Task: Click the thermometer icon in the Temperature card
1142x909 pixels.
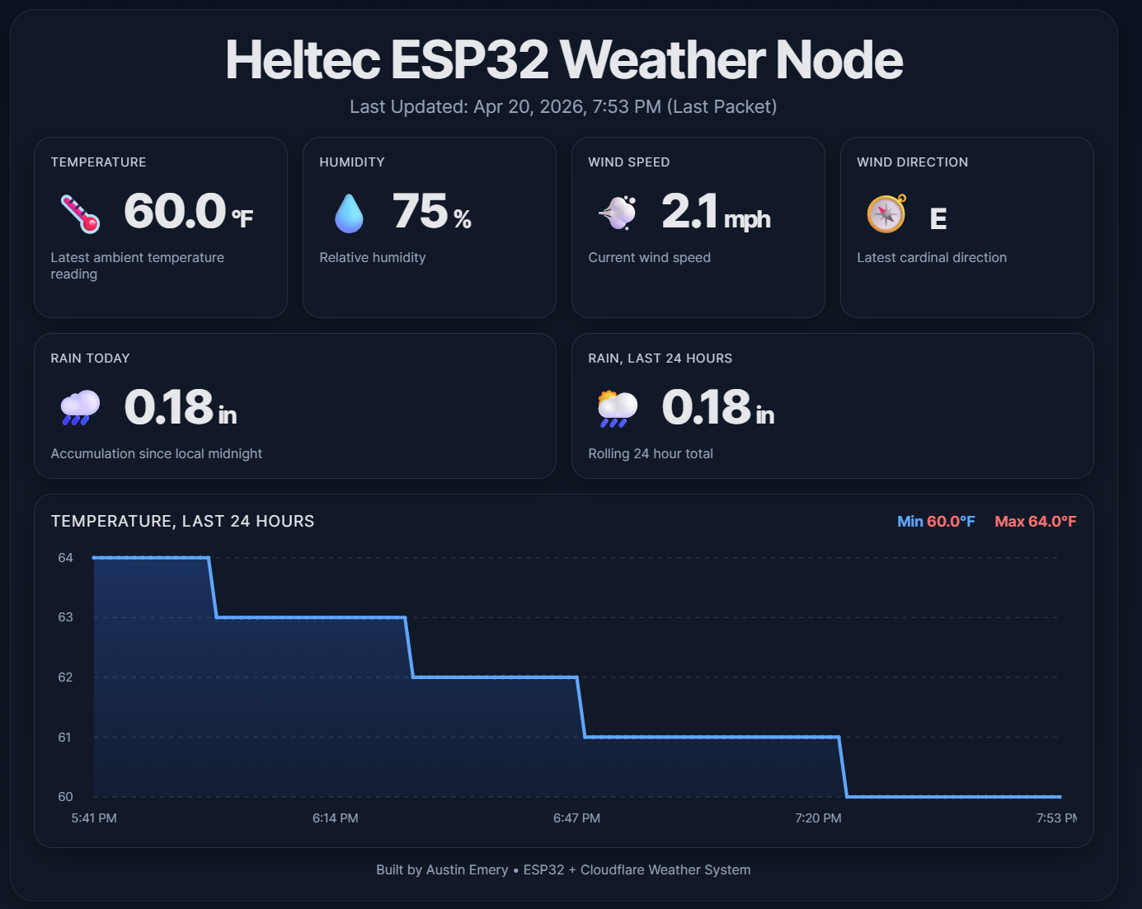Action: coord(80,213)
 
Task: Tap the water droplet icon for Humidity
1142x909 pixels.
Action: coord(349,213)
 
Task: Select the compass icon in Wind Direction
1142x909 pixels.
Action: coord(886,213)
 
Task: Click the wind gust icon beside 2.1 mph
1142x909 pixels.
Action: coord(618,213)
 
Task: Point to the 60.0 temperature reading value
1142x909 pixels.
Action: coord(175,212)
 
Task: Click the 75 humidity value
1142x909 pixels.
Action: coord(421,212)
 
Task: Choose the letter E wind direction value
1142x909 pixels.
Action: coord(938,218)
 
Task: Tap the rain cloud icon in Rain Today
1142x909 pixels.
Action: coord(80,407)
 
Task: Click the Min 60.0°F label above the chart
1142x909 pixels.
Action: coord(936,522)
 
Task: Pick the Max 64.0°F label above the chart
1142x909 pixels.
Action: coord(1036,522)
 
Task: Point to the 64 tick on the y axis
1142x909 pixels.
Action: coord(65,558)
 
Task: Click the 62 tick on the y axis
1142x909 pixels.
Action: coord(65,677)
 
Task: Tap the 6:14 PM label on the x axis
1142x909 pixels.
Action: coord(336,818)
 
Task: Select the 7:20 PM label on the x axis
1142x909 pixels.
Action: coord(818,818)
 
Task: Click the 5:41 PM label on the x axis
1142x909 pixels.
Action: coord(94,818)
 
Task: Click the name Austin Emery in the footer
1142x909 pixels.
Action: coord(467,870)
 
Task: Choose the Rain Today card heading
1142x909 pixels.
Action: coord(91,358)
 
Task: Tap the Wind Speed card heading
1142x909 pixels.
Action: coord(629,162)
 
